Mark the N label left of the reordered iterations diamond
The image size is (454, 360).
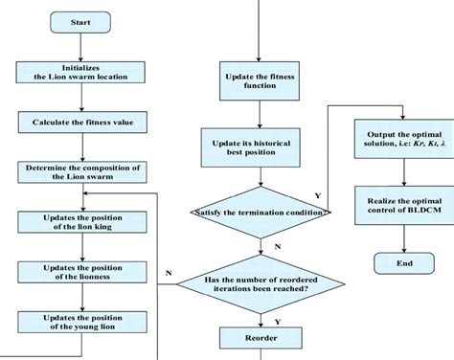(x=169, y=272)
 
